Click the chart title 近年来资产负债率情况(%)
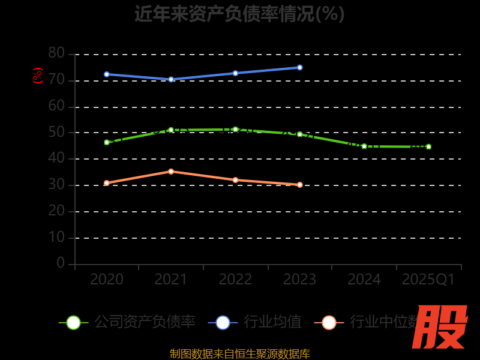[x=239, y=13]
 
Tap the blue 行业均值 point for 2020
[x=107, y=74]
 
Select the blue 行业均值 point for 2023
[x=300, y=68]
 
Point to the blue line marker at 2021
[x=171, y=79]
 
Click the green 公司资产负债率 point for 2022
[x=235, y=129]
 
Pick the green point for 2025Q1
[x=428, y=146]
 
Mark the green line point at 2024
[x=364, y=146]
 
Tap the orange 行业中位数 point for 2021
[x=171, y=172]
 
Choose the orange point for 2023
[x=300, y=185]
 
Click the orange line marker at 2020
[x=107, y=183]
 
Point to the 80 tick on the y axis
[x=56, y=53]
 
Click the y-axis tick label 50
[x=56, y=132]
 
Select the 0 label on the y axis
[x=61, y=263]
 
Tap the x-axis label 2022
[x=235, y=280]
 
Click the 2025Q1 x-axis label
[x=428, y=280]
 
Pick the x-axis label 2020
[x=107, y=280]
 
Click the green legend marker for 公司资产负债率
[x=73, y=322]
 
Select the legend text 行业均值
[x=272, y=322]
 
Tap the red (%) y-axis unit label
[x=38, y=76]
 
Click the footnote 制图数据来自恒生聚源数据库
[x=239, y=353]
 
